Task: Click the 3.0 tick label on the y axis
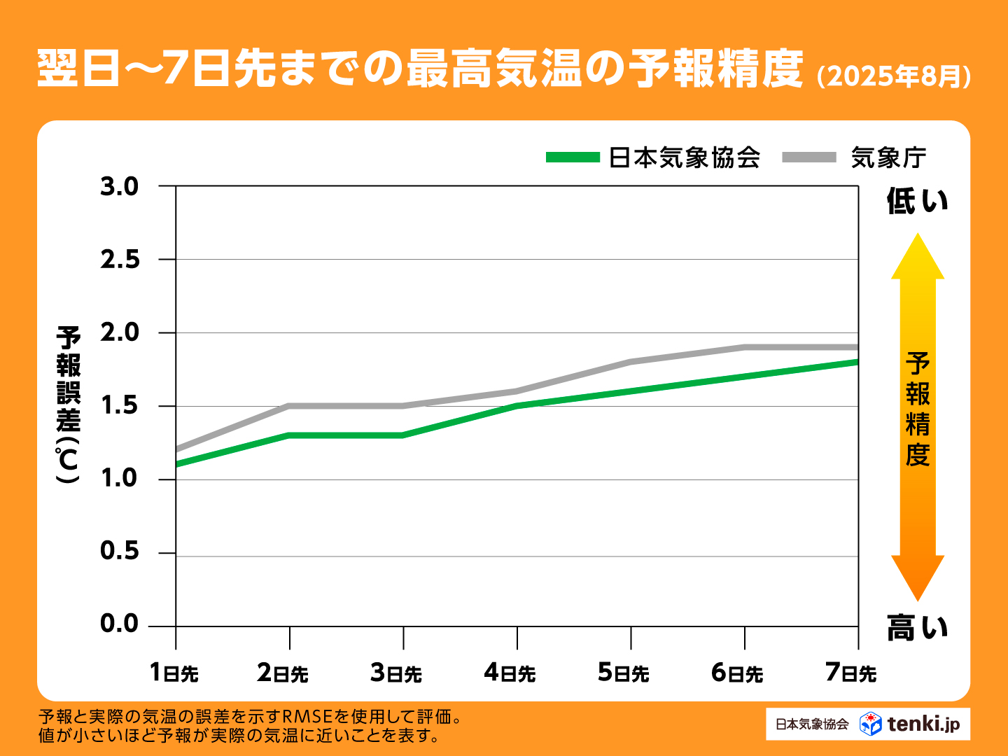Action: point(120,187)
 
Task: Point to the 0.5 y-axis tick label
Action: point(120,552)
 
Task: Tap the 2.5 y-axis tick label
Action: point(120,260)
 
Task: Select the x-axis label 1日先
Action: point(174,673)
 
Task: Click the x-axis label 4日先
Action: point(510,673)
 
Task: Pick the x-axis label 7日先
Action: point(850,673)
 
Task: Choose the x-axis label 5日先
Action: point(623,673)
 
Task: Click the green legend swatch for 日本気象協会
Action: point(573,157)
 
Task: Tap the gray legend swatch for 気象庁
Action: point(809,157)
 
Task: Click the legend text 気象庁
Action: point(888,157)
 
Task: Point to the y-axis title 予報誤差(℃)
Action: point(69,405)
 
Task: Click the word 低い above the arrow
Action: point(917,202)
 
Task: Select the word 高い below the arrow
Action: point(917,627)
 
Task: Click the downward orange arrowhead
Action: point(917,577)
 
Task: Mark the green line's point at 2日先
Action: point(289,435)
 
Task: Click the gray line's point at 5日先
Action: point(631,362)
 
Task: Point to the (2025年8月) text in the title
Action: point(894,76)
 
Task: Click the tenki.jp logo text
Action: point(924,724)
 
